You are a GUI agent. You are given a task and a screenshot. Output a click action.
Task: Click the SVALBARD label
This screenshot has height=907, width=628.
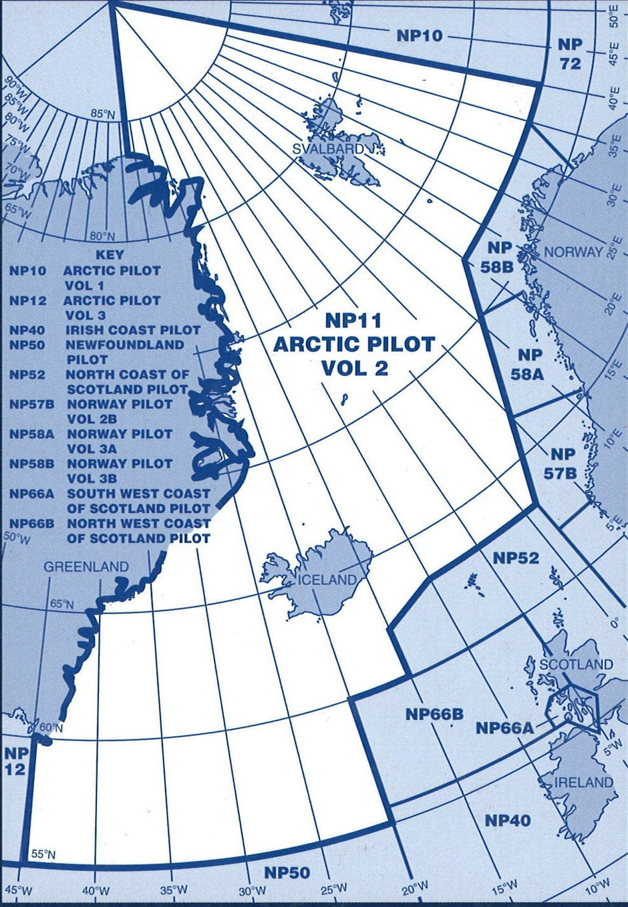[329, 148]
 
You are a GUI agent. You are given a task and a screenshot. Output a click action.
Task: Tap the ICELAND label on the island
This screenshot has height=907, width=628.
[327, 580]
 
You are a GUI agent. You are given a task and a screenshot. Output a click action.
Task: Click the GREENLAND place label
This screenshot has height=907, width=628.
[86, 567]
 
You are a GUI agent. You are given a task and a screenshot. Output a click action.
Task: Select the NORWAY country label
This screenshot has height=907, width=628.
[573, 252]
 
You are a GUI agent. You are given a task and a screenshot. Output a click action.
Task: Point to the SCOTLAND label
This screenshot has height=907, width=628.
[576, 665]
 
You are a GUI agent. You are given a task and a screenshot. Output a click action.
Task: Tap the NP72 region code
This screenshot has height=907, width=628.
[571, 54]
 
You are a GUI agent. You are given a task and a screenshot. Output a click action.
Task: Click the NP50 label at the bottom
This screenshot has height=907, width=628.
[287, 872]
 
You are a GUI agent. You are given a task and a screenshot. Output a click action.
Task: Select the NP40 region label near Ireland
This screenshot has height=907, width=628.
[508, 820]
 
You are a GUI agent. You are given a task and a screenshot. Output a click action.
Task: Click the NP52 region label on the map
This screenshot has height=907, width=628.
[516, 558]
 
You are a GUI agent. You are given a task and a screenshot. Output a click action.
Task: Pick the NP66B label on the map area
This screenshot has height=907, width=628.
[434, 715]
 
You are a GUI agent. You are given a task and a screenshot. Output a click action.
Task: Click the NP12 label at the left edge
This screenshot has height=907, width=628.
[15, 761]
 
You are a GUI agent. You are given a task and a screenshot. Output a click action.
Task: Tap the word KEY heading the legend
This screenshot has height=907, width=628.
[110, 255]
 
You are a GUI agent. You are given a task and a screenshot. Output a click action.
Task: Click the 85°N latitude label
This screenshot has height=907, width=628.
[103, 114]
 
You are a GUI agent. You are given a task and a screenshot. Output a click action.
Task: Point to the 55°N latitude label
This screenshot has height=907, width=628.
[43, 854]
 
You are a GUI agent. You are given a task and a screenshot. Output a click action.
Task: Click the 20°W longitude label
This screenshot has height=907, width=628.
[416, 888]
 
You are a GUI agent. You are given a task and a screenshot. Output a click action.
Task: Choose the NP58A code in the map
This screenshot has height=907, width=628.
[527, 365]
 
